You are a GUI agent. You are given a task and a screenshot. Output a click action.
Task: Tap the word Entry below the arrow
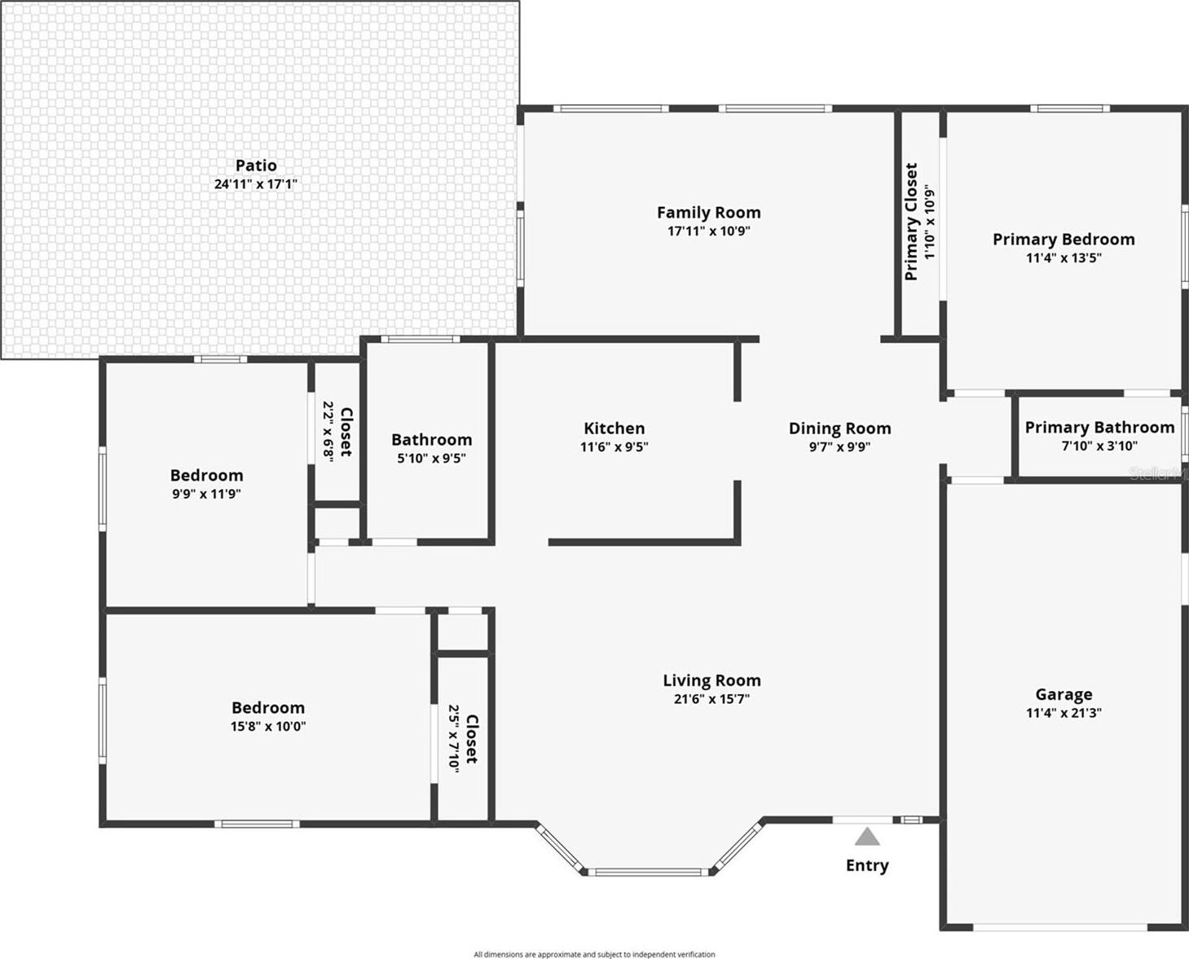(x=867, y=865)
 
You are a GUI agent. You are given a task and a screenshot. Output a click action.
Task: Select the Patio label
(x=256, y=165)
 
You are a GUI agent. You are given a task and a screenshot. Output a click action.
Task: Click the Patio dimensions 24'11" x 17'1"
(x=256, y=184)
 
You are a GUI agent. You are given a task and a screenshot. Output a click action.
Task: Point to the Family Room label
(x=709, y=213)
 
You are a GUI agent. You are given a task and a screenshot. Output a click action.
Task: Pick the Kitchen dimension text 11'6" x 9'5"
(x=614, y=447)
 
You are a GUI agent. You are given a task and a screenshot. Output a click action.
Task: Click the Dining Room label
(x=840, y=429)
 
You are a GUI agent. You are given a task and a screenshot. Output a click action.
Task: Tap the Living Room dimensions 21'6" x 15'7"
(x=711, y=699)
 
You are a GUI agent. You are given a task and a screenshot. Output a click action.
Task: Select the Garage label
(x=1063, y=694)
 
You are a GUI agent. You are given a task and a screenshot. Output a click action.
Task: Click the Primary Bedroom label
(x=1063, y=240)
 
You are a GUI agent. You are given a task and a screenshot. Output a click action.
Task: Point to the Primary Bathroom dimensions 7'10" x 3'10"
(x=1099, y=446)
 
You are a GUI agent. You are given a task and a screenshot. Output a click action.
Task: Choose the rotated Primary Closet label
(x=911, y=222)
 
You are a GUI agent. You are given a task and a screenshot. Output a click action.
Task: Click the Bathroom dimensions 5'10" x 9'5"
(x=431, y=459)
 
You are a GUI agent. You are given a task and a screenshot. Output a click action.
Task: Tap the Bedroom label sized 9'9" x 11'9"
(x=207, y=475)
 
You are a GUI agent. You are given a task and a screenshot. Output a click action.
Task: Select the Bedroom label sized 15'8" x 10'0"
(x=268, y=708)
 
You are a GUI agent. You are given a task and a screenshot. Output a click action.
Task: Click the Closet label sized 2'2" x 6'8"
(x=346, y=432)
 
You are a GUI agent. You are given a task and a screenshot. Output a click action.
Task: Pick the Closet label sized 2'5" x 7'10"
(x=472, y=739)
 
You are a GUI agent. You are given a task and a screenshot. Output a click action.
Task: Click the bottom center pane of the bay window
(x=648, y=873)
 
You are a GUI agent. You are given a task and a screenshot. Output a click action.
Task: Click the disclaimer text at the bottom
(x=595, y=954)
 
